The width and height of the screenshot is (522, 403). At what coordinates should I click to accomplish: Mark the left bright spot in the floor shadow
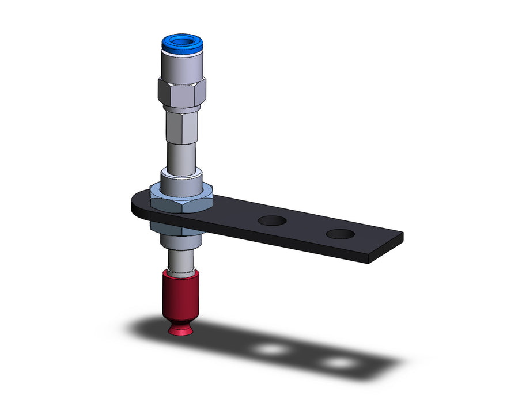tap(271, 349)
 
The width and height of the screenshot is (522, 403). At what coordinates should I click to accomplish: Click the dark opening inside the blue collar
tap(181, 41)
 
